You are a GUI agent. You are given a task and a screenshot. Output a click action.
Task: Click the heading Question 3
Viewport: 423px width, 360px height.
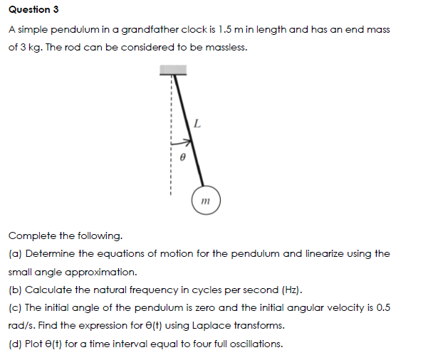(33, 9)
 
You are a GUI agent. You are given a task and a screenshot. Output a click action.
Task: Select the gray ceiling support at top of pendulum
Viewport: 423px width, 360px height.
(172, 70)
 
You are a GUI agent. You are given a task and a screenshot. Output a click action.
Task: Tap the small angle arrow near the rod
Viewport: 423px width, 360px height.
(181, 139)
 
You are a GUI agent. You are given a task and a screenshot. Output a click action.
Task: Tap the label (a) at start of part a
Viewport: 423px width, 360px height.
(15, 253)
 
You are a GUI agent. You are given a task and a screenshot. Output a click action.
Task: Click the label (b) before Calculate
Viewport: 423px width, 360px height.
(15, 290)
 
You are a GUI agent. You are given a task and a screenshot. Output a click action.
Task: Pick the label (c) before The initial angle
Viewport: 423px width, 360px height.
(15, 308)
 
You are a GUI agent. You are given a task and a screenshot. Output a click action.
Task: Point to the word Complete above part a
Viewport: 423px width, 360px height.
(33, 235)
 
